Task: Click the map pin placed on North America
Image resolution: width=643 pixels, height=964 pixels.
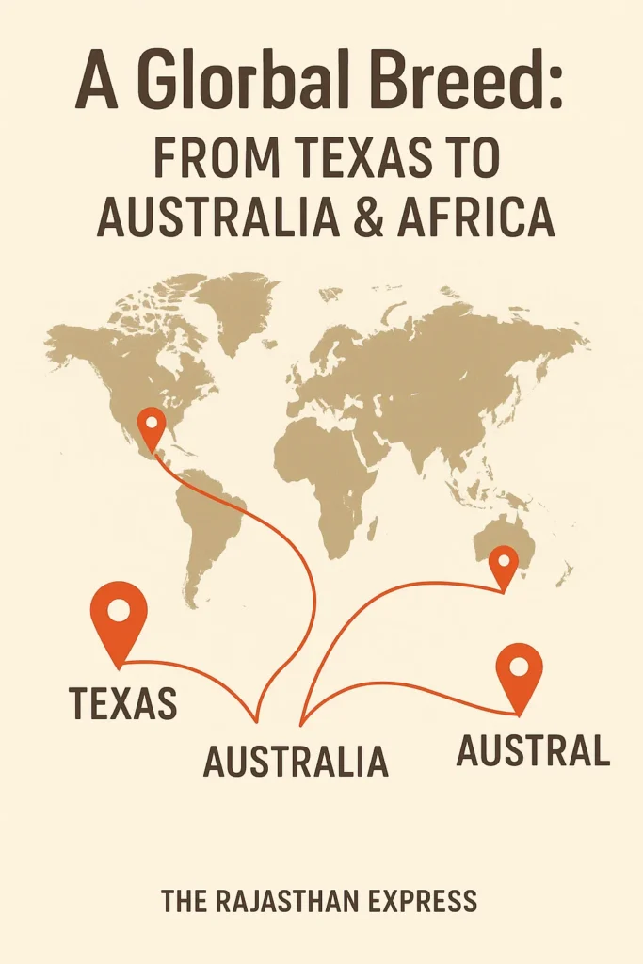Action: click(151, 427)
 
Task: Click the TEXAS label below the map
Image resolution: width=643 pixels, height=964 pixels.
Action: click(123, 702)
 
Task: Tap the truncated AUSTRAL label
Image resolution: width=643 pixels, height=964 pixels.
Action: click(533, 750)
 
